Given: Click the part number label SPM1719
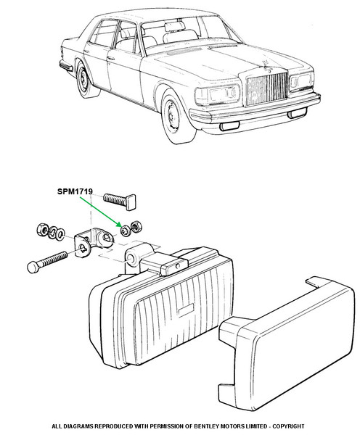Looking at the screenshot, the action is [75, 191].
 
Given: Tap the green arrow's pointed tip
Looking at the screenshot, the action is [121, 226].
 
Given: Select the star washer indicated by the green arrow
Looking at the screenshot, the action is [126, 231].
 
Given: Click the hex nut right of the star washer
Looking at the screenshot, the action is [136, 226].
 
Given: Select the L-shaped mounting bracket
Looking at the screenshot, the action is [93, 242].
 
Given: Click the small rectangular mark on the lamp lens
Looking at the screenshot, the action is [186, 310].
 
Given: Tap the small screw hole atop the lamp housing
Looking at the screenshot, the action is [178, 266].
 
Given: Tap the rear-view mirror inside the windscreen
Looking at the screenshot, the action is [174, 27].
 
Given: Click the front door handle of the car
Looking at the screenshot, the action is [111, 59].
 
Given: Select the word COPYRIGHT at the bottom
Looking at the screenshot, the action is [288, 426].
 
